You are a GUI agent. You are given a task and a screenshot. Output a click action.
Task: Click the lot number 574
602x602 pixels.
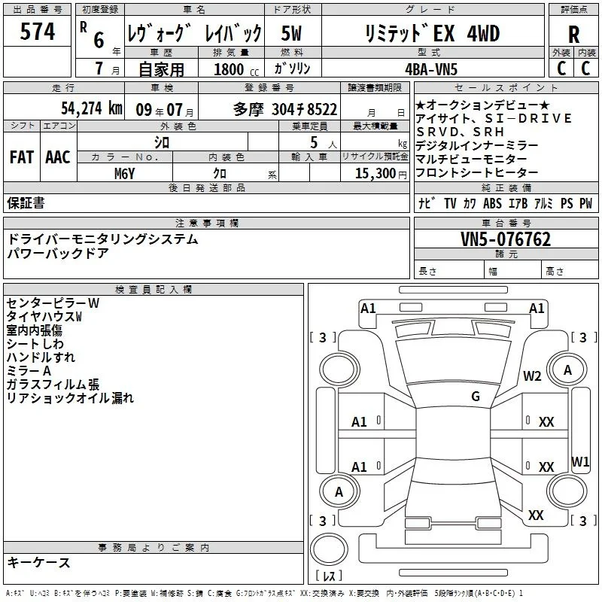point(37,31)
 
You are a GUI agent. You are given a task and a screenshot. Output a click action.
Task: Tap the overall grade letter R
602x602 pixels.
point(573,34)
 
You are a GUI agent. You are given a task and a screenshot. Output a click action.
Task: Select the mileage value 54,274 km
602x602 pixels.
point(92,108)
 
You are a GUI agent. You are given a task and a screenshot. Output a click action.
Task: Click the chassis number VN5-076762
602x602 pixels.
point(506,239)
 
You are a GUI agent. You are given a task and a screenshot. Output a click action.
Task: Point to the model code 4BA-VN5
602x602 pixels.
point(431,69)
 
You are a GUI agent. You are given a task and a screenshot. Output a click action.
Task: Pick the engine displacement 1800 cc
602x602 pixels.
point(236,69)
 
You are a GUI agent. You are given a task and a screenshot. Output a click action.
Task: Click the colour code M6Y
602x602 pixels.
point(124,174)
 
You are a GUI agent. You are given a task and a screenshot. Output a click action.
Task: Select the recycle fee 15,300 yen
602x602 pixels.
point(381,174)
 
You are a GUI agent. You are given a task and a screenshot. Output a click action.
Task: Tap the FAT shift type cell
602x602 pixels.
point(22,157)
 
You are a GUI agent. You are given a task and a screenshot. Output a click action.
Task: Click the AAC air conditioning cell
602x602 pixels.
point(58,157)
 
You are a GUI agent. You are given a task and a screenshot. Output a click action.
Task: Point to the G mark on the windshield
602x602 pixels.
point(476,396)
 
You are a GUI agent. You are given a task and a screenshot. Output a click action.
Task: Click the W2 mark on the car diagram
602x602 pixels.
point(532,375)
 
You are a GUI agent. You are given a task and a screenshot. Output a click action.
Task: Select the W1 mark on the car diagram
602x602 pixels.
point(579,461)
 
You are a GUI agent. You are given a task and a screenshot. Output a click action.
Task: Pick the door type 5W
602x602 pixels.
point(291,33)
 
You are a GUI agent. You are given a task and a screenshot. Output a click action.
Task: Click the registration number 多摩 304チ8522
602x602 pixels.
point(285,109)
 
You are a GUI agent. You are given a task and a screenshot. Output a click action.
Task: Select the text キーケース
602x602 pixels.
point(39,562)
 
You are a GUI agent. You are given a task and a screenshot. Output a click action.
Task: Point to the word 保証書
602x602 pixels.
point(26,202)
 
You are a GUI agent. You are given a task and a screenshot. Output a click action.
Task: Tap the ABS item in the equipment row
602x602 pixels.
point(492,203)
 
